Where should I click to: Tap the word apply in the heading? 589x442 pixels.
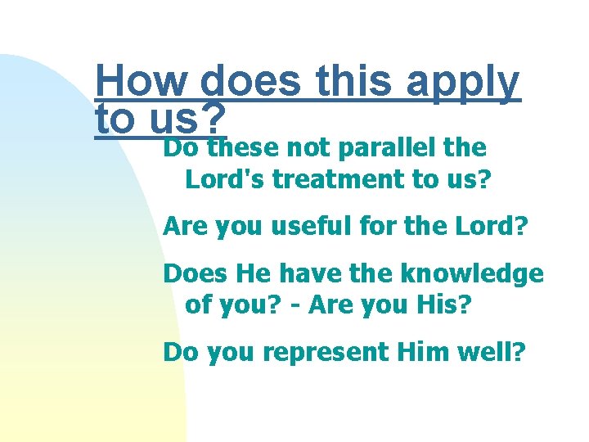coord(463,83)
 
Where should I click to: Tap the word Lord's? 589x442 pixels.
coord(225,179)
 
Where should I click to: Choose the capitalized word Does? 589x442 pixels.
coord(192,273)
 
